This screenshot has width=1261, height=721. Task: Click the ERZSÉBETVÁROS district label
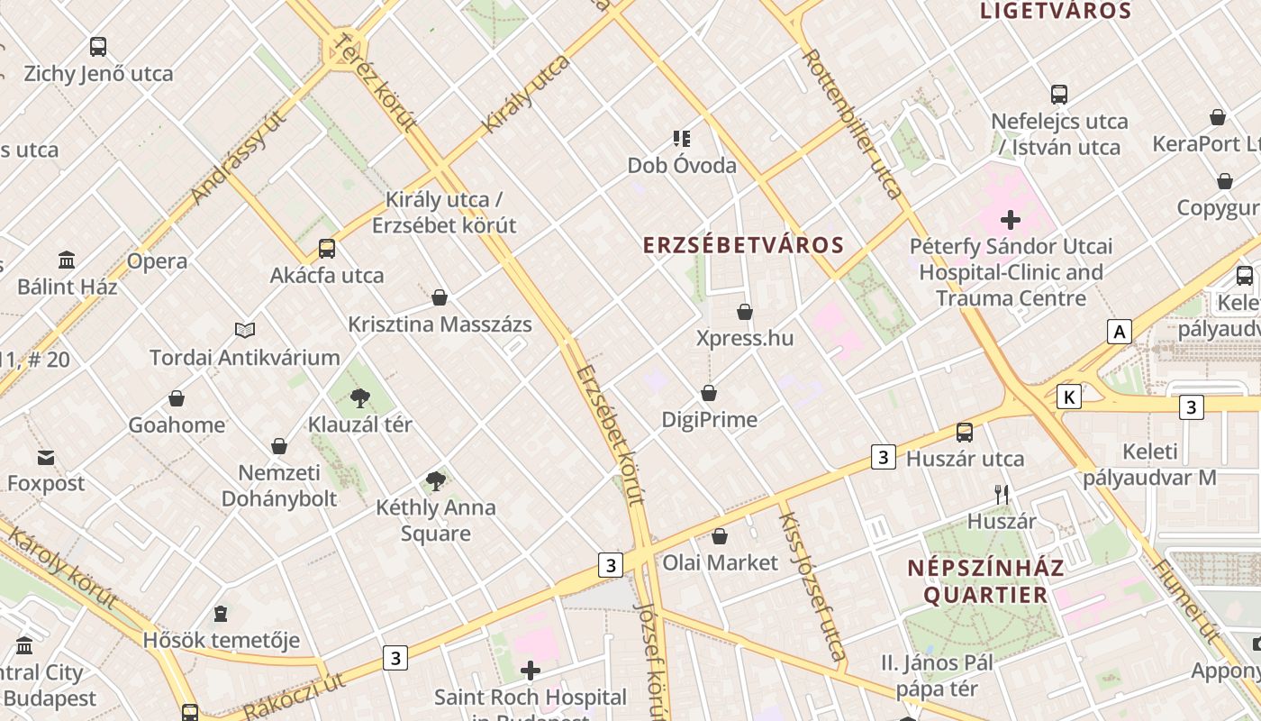click(x=743, y=245)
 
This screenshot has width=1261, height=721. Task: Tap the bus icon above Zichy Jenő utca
click(x=98, y=47)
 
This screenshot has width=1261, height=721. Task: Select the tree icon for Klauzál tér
click(x=360, y=397)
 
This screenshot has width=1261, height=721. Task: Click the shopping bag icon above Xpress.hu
click(x=745, y=312)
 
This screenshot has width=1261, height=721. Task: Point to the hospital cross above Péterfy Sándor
click(x=1011, y=219)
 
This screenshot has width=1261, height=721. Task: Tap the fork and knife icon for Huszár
click(x=1001, y=494)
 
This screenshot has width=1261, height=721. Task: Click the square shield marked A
click(x=1119, y=332)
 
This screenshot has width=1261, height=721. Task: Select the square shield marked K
click(x=1069, y=397)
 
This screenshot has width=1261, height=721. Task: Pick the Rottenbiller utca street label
click(x=851, y=123)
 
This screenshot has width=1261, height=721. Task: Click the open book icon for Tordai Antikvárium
click(x=245, y=331)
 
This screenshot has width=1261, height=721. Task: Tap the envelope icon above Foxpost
click(x=45, y=458)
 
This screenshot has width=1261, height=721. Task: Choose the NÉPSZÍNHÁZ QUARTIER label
click(x=984, y=581)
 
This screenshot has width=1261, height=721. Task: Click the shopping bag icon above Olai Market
click(x=719, y=537)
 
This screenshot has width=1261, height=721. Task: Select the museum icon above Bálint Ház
click(x=67, y=260)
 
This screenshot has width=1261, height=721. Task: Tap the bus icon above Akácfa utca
click(x=327, y=249)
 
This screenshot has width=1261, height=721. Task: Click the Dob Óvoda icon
click(x=682, y=139)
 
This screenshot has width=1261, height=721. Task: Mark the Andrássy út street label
click(x=238, y=157)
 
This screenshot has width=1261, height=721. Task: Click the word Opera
click(x=157, y=261)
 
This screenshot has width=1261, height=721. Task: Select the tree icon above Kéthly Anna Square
click(x=436, y=481)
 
